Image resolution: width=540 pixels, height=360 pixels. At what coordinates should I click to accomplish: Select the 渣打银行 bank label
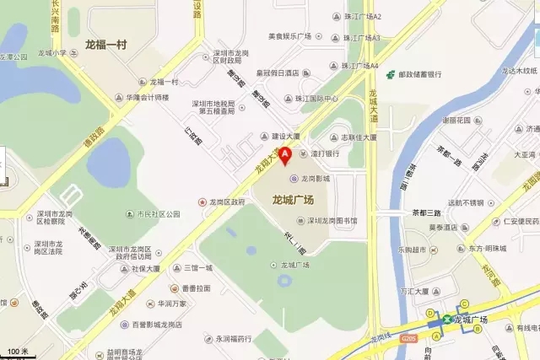click(324, 153)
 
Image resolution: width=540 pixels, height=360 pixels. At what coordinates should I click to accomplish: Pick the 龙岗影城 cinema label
click(315, 179)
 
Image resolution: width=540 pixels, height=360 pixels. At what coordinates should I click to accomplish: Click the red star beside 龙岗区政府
click(202, 202)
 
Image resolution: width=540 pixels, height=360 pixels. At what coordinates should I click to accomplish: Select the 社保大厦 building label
click(149, 270)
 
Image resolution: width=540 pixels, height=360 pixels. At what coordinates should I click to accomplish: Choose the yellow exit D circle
click(431, 312)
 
